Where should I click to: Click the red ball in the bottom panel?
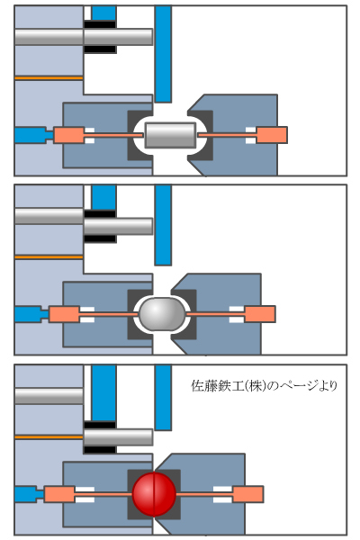click(154, 494)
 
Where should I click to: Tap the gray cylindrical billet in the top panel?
click(170, 135)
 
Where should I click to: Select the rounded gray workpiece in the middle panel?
click(162, 313)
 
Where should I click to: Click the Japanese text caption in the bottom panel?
click(264, 386)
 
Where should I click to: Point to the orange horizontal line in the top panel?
click(49, 78)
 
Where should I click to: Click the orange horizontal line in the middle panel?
click(49, 257)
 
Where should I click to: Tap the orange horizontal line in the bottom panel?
click(49, 437)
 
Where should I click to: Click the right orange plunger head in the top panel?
click(272, 135)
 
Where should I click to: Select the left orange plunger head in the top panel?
click(69, 135)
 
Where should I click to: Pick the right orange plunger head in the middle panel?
click(260, 314)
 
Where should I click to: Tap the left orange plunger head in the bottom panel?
click(59, 494)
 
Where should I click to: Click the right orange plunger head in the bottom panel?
click(248, 494)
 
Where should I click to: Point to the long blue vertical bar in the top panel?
click(163, 54)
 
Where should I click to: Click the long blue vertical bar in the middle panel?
click(163, 225)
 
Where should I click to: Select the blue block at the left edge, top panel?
click(31, 135)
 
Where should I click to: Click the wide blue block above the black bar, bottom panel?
click(103, 393)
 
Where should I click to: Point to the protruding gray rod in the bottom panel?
click(118, 437)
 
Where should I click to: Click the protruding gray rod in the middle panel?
click(118, 226)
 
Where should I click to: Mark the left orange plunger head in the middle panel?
click(64, 314)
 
